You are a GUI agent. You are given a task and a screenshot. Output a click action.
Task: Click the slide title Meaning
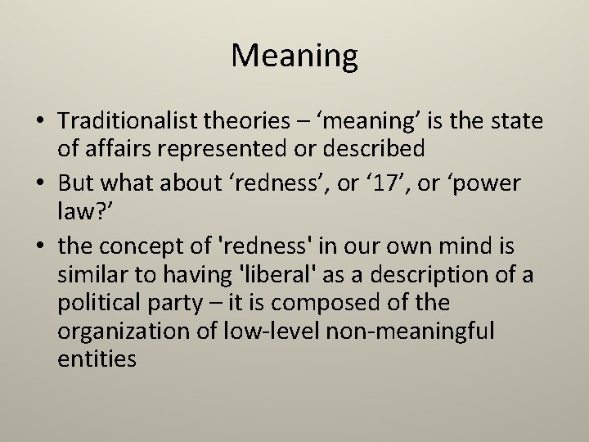coord(294,56)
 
